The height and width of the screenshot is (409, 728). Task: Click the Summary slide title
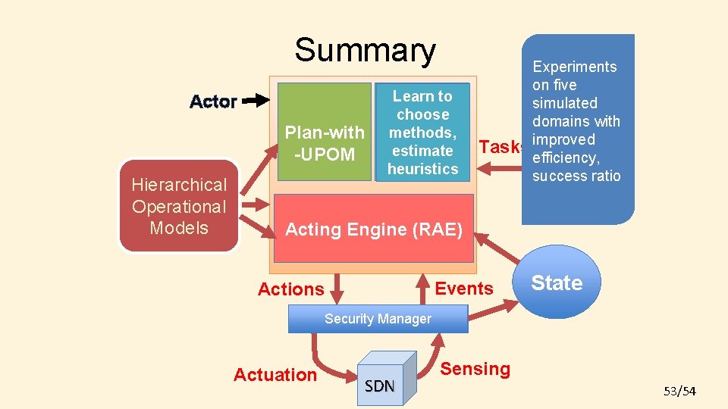pyautogui.click(x=365, y=50)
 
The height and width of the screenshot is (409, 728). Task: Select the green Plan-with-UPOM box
pyautogui.click(x=325, y=133)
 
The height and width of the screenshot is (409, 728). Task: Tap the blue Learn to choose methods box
pyautogui.click(x=422, y=133)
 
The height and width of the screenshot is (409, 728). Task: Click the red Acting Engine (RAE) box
pyautogui.click(x=373, y=229)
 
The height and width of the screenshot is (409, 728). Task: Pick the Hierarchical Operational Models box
pyautogui.click(x=179, y=206)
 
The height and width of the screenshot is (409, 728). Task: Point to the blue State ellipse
pyautogui.click(x=557, y=283)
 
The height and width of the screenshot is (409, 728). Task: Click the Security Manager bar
pyautogui.click(x=378, y=319)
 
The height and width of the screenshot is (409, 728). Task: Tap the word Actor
pyautogui.click(x=213, y=101)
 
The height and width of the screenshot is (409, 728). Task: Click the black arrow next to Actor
pyautogui.click(x=256, y=99)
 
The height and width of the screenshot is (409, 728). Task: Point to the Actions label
pyautogui.click(x=290, y=289)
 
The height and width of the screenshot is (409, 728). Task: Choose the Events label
pyautogui.click(x=464, y=289)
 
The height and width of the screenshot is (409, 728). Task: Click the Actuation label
pyautogui.click(x=275, y=375)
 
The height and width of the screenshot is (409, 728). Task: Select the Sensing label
pyautogui.click(x=475, y=369)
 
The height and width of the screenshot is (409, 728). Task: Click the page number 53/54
pyautogui.click(x=679, y=391)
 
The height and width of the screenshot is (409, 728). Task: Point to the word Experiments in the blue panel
pyautogui.click(x=574, y=67)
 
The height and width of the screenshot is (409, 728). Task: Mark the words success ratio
pyautogui.click(x=576, y=176)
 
